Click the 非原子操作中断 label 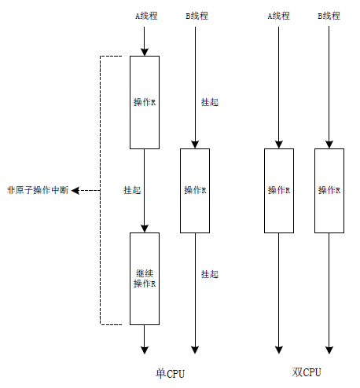coord(38,190)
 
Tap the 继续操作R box coord(145,279)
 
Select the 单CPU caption coord(171,373)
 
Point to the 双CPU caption coord(307,372)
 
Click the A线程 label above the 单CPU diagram coord(146,16)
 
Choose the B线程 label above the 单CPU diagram coord(197,16)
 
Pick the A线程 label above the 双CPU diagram coord(278,16)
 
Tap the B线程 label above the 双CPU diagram coord(329,16)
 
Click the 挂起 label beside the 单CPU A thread coord(132,190)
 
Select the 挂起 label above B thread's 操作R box coord(210,102)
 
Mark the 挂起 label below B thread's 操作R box coord(210,274)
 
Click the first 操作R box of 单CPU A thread coord(145,102)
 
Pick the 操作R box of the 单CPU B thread coord(195,191)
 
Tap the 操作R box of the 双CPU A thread coord(279,191)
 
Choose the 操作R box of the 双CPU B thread coord(329,191)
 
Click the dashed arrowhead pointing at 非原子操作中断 coord(75,190)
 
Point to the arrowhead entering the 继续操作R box coord(145,229)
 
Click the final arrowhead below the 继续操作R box coord(145,350)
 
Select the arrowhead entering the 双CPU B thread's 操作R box coord(329,145)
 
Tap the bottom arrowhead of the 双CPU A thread coord(279,350)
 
